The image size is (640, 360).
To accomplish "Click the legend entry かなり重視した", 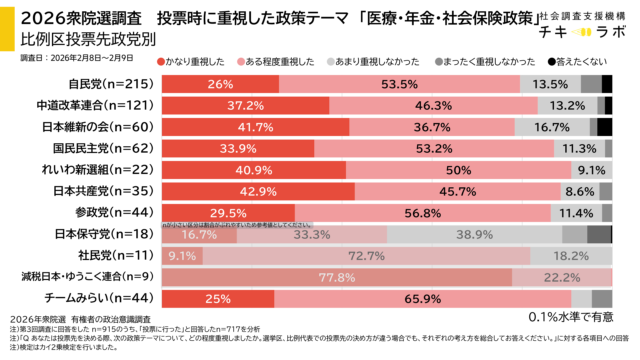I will click(x=196, y=61).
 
